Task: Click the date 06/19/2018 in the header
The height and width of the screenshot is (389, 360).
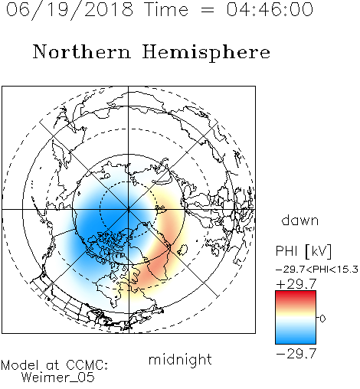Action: [70, 9]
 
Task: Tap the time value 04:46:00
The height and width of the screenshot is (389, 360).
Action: [270, 9]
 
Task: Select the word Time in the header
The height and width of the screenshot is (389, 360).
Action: [166, 9]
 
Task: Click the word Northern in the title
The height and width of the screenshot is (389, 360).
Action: [82, 51]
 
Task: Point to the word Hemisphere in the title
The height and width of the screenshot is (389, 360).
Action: [206, 52]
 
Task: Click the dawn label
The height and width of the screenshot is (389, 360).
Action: [300, 220]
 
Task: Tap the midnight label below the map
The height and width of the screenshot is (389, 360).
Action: [180, 360]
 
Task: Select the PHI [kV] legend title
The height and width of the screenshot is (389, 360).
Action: [303, 251]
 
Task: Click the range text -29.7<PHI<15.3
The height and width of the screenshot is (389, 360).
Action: [317, 270]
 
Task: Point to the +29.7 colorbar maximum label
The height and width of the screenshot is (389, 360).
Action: [296, 284]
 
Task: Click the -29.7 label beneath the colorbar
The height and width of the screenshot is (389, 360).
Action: [296, 354]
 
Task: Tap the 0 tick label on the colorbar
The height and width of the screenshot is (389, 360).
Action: [322, 319]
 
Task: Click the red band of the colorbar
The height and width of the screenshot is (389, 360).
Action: [296, 296]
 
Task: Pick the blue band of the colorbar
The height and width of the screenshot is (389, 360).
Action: [296, 337]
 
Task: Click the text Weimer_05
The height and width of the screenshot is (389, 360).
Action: [58, 378]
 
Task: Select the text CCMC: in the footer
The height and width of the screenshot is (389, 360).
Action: [87, 365]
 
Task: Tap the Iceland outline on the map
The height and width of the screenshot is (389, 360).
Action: [182, 250]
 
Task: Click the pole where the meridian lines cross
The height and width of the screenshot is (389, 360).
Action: [129, 210]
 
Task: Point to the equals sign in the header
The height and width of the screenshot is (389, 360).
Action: [208, 10]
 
